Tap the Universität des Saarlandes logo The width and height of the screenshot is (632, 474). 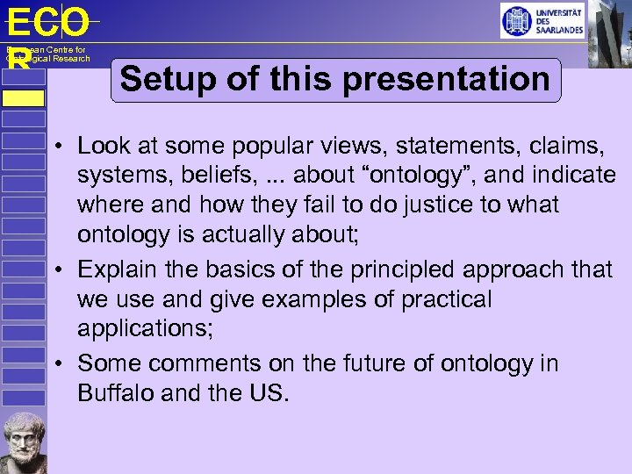(x=542, y=20)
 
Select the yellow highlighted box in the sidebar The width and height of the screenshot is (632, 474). (x=23, y=97)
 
